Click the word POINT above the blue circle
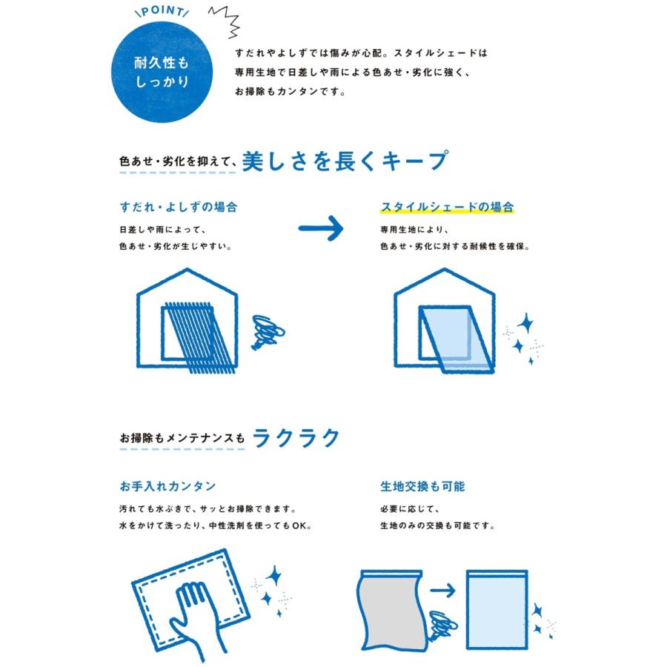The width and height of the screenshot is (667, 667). point(162,11)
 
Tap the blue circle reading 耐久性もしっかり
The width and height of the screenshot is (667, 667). point(162,73)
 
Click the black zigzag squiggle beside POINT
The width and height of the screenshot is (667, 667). point(225,21)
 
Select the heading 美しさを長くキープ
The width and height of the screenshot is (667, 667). point(345,161)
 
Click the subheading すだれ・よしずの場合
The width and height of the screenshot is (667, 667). point(178,208)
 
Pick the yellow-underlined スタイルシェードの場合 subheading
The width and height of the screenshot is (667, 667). point(447,208)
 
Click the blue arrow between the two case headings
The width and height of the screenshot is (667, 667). point(321,228)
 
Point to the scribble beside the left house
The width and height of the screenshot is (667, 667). point(268,332)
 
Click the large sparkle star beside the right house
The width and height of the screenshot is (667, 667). point(525,323)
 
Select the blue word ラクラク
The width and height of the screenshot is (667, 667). point(296,438)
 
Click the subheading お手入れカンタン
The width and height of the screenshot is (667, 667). point(167,486)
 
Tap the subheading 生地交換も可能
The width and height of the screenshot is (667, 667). point(422,486)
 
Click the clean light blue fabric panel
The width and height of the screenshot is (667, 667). point(497,610)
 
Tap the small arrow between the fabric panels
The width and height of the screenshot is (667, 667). point(442,591)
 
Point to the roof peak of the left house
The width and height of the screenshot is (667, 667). point(188,269)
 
